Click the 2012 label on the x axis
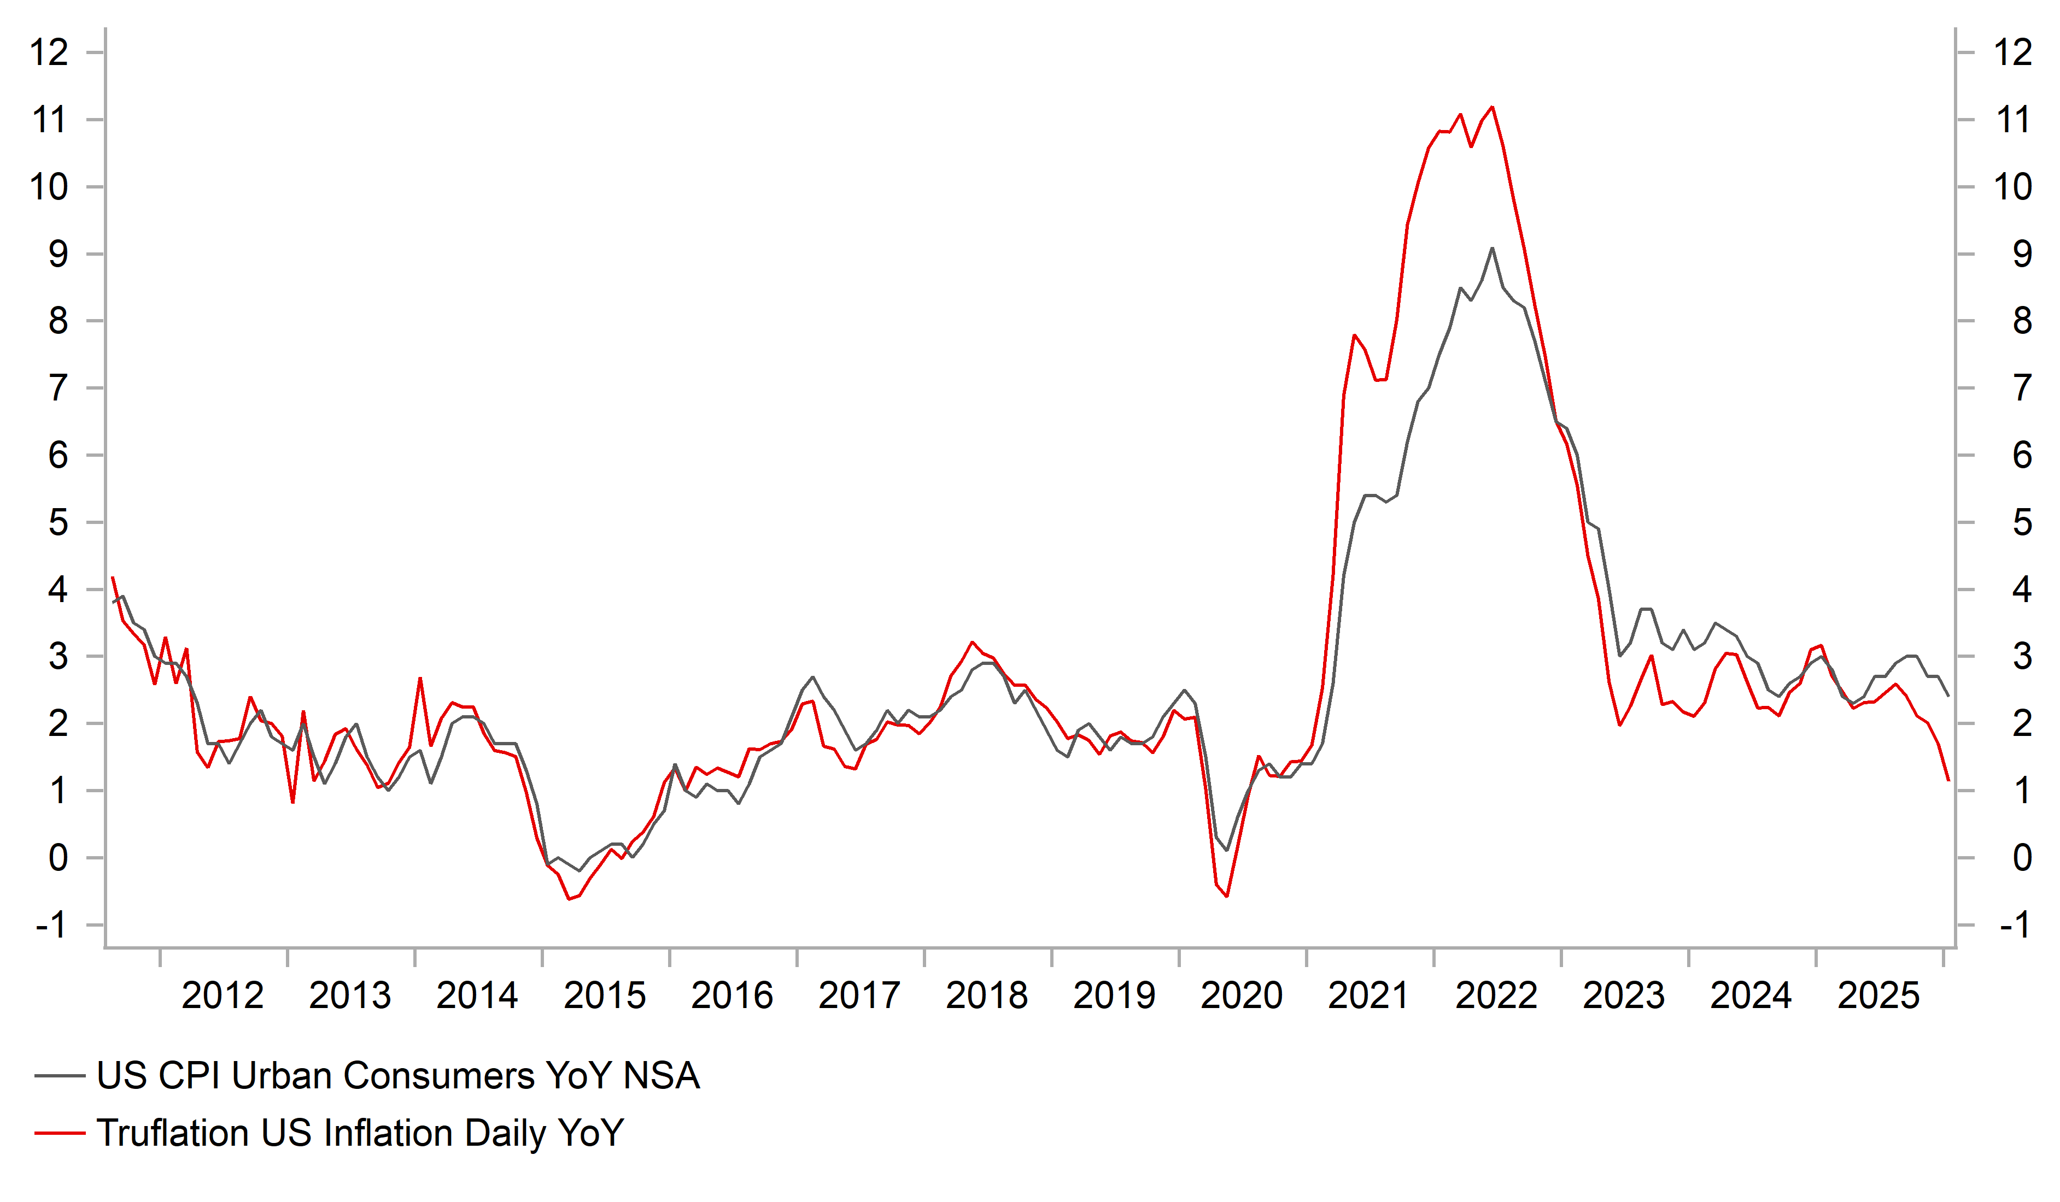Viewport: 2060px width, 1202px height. click(x=223, y=995)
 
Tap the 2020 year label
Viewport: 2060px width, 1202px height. click(x=1241, y=995)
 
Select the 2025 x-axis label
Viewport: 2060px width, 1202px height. click(x=1878, y=995)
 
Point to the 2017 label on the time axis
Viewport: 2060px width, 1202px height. click(x=859, y=995)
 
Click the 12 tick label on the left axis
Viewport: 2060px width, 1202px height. click(x=49, y=53)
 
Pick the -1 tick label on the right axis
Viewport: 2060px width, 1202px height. click(x=2014, y=925)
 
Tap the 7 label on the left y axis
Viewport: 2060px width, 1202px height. click(x=57, y=388)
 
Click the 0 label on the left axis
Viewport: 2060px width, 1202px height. click(x=57, y=858)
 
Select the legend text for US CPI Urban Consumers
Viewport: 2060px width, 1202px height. click(x=398, y=1075)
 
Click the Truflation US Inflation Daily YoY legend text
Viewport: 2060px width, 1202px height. click(x=360, y=1133)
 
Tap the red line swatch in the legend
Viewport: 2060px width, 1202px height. click(x=60, y=1133)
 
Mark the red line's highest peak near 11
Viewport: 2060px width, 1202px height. click(x=1493, y=107)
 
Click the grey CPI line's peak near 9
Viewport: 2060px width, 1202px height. click(x=1492, y=249)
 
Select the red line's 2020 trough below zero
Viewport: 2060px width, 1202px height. click(x=1227, y=895)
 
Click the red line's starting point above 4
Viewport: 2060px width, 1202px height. click(x=112, y=578)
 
